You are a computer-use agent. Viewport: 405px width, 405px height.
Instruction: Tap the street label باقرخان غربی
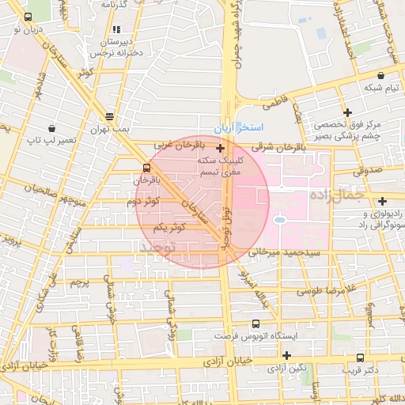tap(178, 146)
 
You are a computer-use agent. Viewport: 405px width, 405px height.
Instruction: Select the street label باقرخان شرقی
tap(278, 146)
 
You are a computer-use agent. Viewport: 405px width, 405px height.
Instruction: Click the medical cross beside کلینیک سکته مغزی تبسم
tap(220, 146)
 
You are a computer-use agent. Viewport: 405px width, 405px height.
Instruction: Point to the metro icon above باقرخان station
tap(146, 168)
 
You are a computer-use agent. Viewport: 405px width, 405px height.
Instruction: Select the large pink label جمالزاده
tap(335, 194)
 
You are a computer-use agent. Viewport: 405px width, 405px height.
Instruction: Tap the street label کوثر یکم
tap(170, 227)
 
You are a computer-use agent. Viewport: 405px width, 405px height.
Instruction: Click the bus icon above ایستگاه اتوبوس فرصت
tap(255, 324)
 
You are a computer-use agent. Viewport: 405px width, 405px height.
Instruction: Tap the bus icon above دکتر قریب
tap(360, 357)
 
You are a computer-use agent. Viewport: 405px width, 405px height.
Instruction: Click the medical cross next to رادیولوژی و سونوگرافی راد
tap(382, 201)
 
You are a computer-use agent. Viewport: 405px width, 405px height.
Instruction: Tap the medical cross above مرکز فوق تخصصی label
tap(346, 112)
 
